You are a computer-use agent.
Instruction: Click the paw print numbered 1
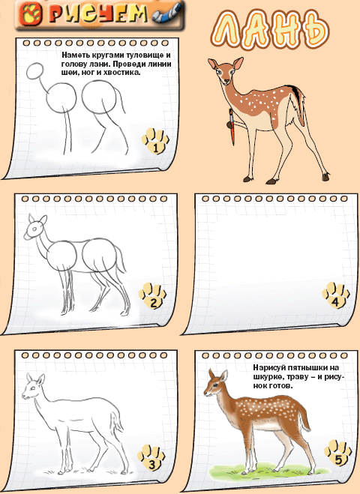[155, 140]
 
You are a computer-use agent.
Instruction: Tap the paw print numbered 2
[152, 295]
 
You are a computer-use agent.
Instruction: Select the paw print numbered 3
[151, 457]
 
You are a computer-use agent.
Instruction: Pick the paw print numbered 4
[336, 295]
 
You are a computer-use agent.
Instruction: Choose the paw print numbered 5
[338, 453]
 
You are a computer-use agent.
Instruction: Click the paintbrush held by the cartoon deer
[232, 127]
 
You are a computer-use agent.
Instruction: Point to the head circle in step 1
[34, 71]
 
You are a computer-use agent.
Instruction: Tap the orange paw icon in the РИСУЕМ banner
[30, 14]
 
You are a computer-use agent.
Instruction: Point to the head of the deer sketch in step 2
[35, 227]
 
